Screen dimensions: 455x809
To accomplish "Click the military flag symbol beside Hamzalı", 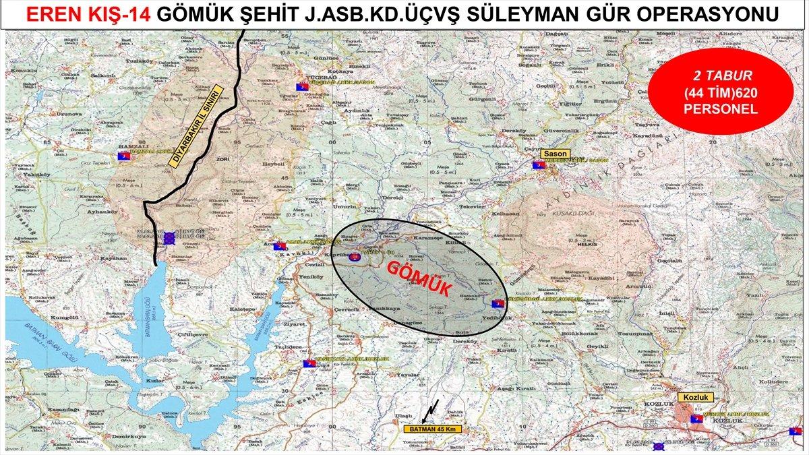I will click(123, 157).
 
